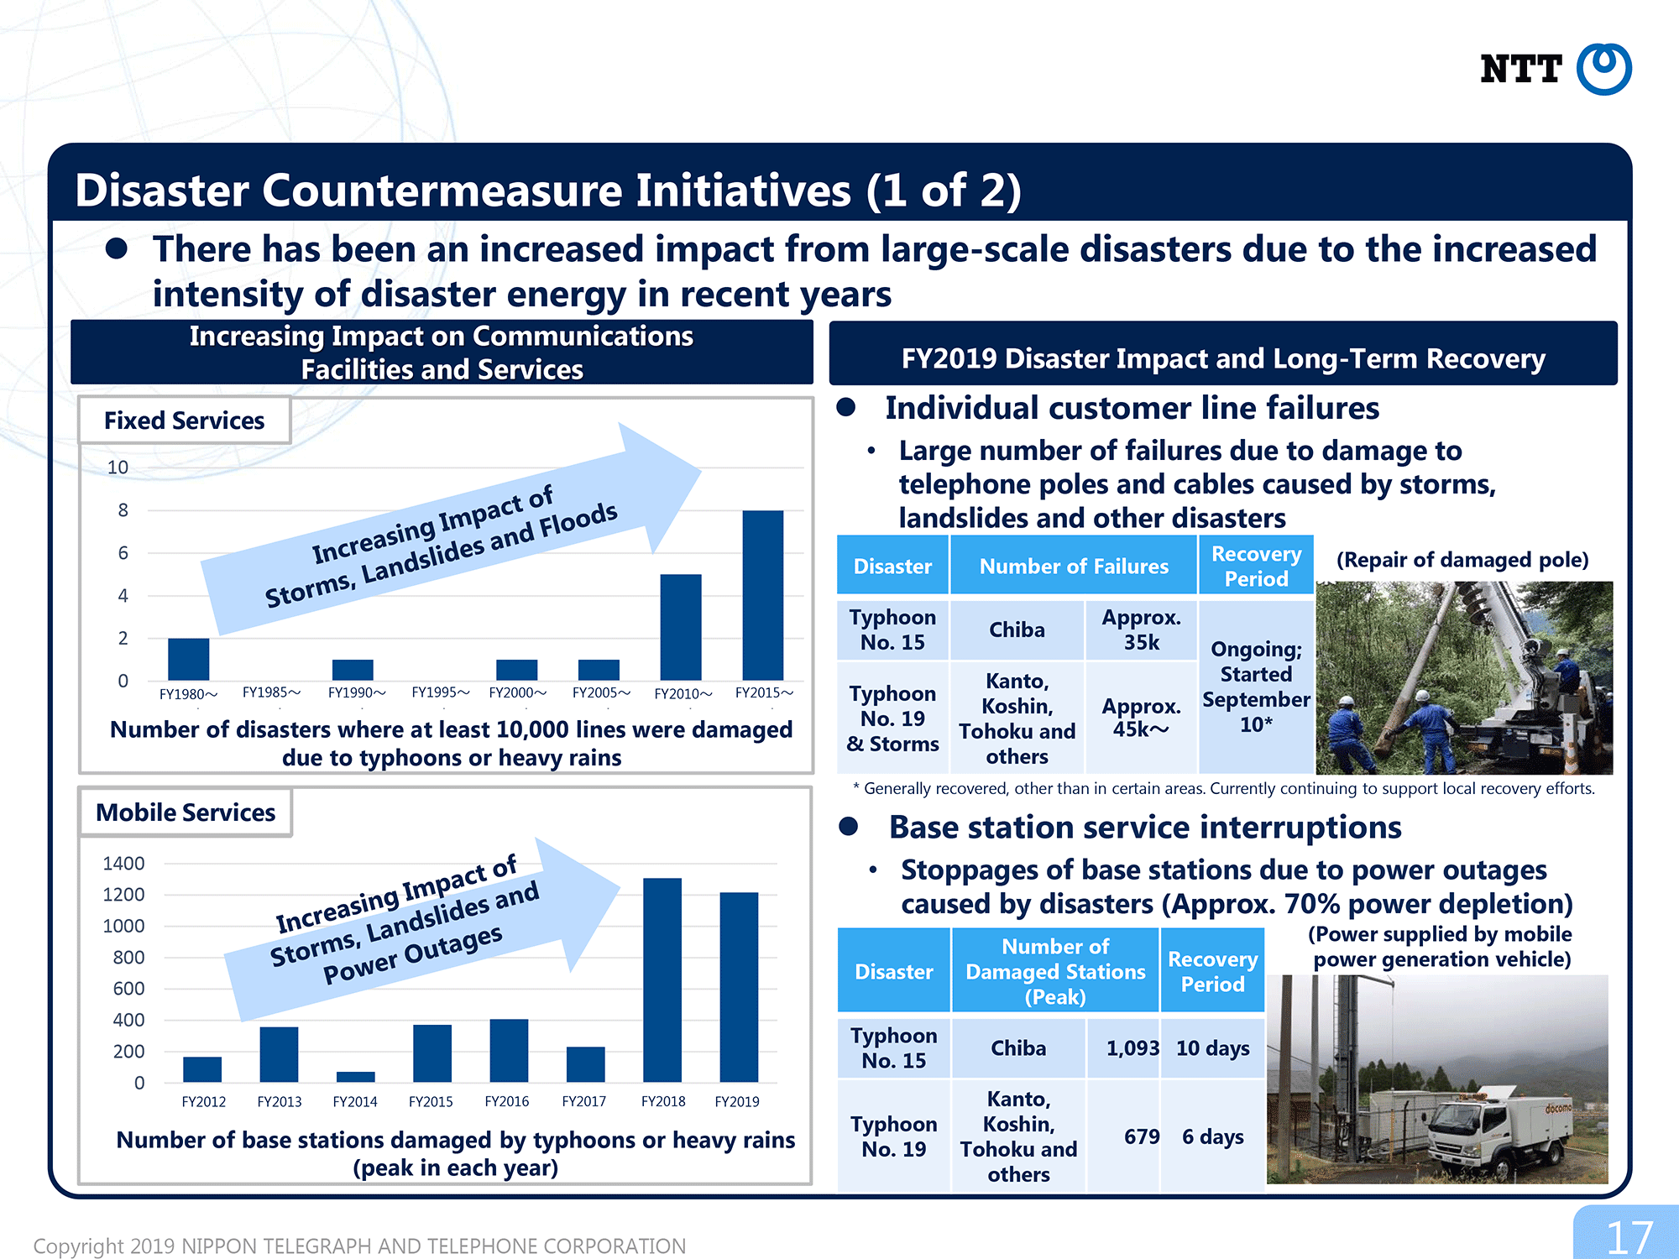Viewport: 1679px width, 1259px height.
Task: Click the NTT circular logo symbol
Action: (1603, 69)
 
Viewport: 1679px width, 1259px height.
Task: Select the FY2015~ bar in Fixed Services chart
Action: (762, 595)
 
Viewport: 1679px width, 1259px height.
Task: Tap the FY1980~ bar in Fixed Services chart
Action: (188, 659)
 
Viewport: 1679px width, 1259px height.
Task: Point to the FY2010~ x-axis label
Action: (683, 693)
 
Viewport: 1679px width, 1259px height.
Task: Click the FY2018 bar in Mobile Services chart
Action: (662, 980)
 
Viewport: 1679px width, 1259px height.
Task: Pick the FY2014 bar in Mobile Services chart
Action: (355, 1077)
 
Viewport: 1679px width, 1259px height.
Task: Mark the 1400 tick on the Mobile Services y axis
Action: (123, 863)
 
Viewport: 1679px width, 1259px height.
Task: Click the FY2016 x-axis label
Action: (507, 1101)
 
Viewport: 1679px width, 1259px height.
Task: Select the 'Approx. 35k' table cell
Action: (1141, 629)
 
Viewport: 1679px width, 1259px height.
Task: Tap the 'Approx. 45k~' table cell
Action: (1141, 718)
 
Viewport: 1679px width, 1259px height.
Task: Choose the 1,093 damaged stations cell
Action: (1124, 1047)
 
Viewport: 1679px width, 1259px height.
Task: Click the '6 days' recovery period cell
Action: (1212, 1136)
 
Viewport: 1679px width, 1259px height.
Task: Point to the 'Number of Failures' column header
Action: (1074, 567)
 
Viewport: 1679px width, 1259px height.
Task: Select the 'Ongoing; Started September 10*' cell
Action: (1256, 687)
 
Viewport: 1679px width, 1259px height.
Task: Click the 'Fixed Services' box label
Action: (184, 421)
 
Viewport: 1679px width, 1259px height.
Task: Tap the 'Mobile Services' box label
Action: (186, 812)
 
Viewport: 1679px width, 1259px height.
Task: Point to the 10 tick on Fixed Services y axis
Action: (118, 468)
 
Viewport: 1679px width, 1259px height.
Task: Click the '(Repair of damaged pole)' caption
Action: (1462, 560)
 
